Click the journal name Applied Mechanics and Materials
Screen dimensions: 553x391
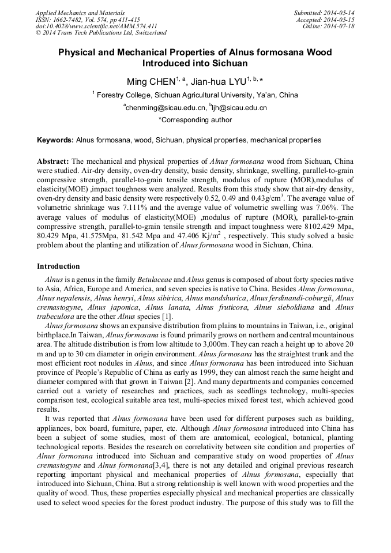coord(80,13)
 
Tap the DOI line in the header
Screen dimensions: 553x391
coord(96,27)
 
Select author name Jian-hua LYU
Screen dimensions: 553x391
coord(220,81)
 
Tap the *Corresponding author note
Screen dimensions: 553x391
coord(195,120)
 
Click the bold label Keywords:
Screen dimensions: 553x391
coord(55,140)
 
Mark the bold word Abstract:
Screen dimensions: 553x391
coord(53,161)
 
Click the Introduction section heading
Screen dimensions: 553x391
coord(58,266)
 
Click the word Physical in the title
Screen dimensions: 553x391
coord(78,52)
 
